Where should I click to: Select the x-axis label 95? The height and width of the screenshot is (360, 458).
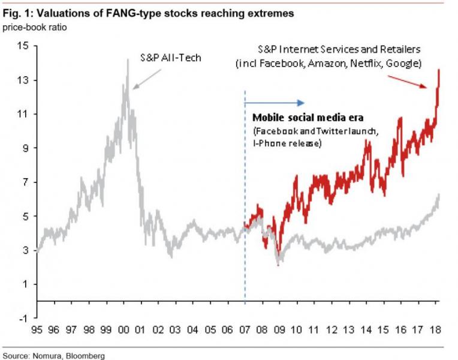tap(38, 330)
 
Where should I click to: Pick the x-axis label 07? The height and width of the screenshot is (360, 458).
tap(245, 330)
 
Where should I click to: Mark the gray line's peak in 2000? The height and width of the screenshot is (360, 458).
tap(128, 59)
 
